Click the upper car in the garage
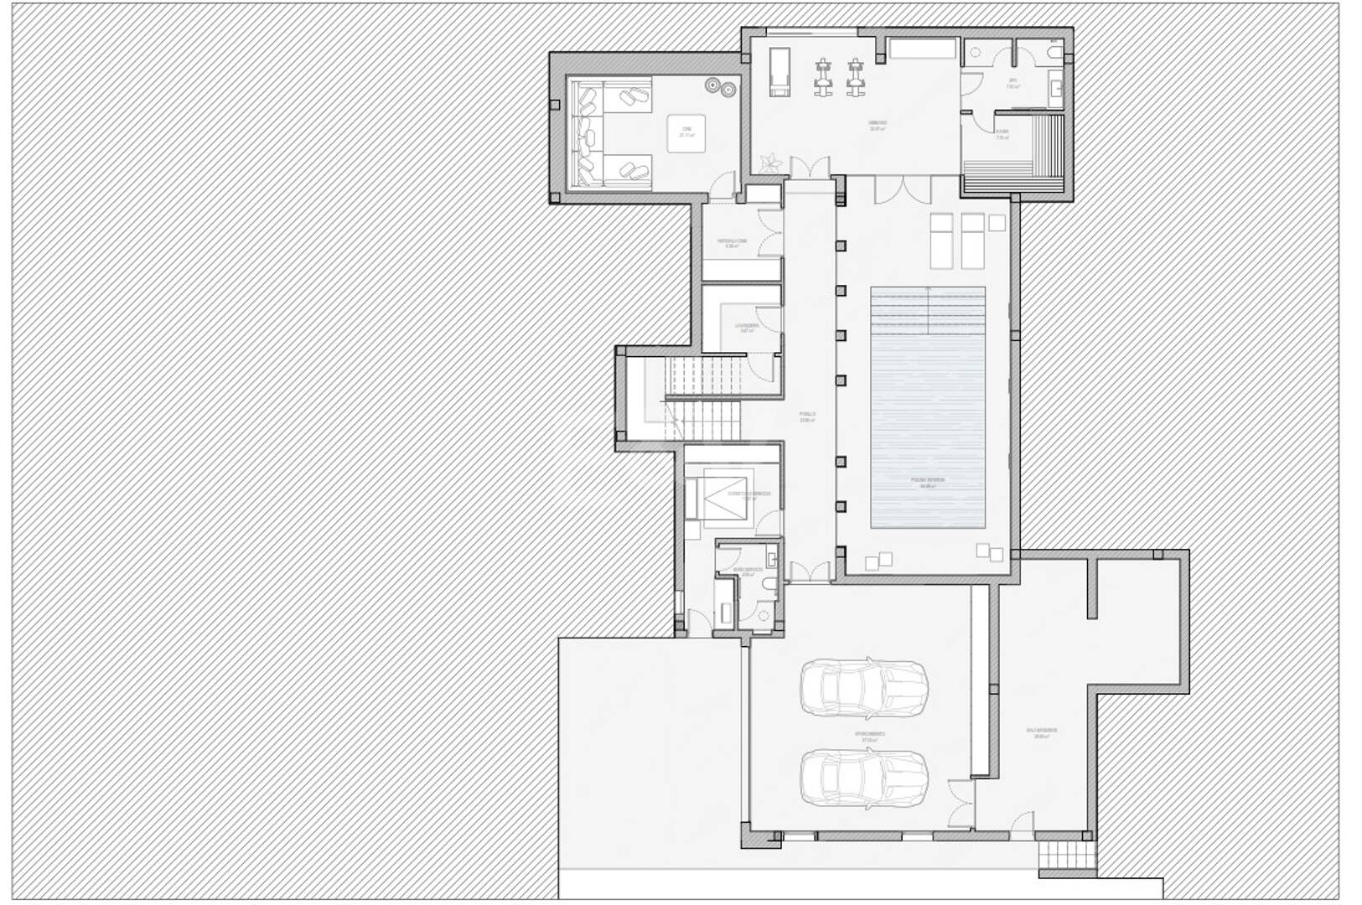[x=864, y=685]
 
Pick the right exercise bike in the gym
[x=855, y=74]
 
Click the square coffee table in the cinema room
[x=686, y=133]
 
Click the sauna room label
[x=1002, y=135]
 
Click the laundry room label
[x=747, y=327]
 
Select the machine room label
[x=1041, y=733]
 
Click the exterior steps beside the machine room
[x=1054, y=856]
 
